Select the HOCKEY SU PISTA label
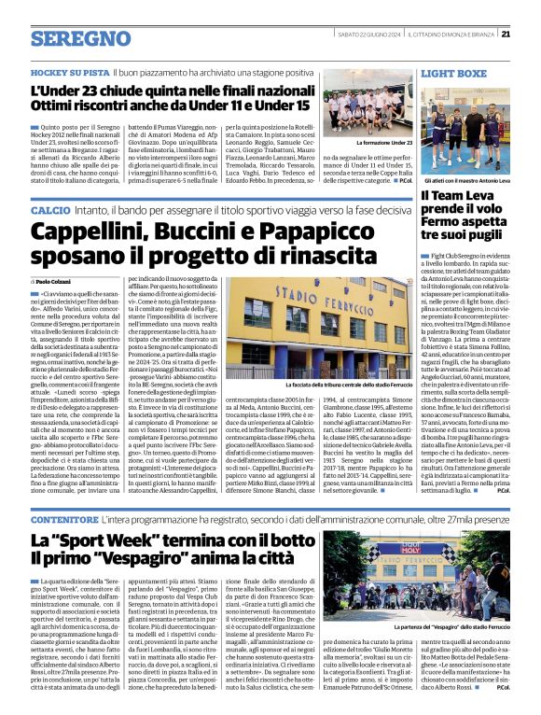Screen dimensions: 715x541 click(x=69, y=72)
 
